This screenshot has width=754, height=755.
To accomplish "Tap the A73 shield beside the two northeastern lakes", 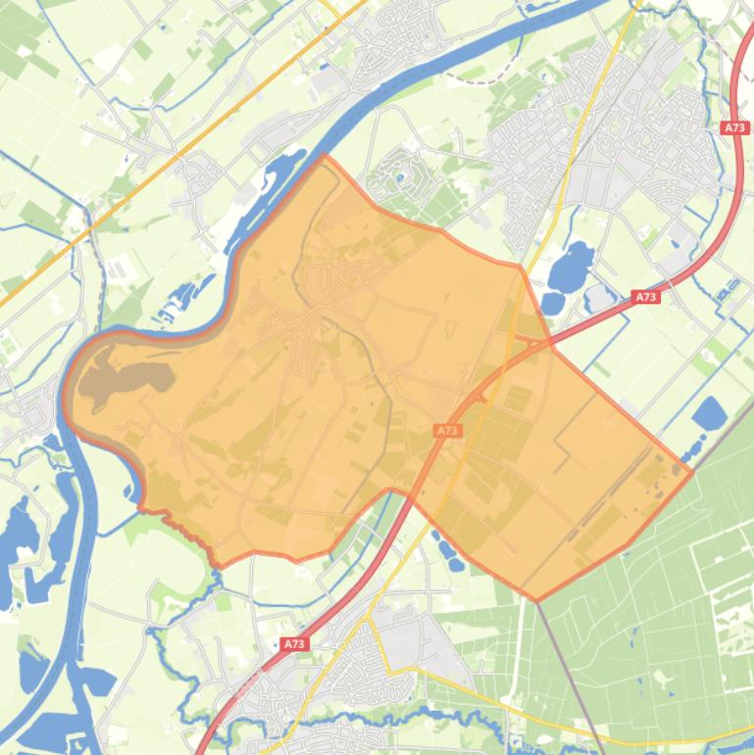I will coord(645,296).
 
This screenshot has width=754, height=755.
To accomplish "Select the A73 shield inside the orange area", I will coord(447,430).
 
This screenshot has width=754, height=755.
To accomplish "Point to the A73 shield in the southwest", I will coord(293,644).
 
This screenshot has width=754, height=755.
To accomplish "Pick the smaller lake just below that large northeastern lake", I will coord(552,302).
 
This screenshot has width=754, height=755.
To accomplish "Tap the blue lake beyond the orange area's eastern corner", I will coord(710,414).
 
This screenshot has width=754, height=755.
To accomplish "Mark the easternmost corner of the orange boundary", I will coord(692,472).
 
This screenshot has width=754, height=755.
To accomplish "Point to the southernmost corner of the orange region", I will coord(536,599).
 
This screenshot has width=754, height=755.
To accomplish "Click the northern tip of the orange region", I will coord(325,156).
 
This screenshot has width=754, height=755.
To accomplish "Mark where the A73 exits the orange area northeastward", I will coord(552,343).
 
